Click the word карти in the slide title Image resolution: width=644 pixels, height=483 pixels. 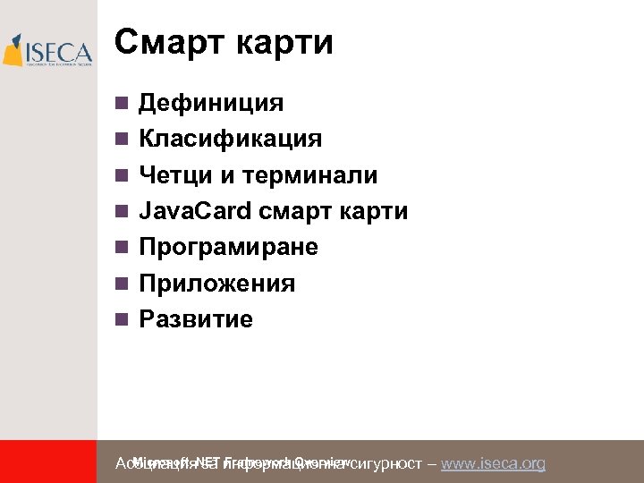[284, 42]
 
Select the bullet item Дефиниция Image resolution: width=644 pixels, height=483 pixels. [210, 103]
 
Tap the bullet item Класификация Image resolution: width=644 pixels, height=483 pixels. [230, 139]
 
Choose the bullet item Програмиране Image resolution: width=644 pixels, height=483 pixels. [228, 247]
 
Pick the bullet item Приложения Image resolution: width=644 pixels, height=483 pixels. [216, 284]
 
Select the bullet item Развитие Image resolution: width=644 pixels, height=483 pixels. [195, 319]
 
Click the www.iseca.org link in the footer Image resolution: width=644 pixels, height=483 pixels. [493, 463]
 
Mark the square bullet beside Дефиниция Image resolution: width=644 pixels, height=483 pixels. [122, 104]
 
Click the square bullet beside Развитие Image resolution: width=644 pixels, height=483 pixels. [122, 319]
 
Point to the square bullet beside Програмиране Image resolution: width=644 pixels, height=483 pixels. [122, 248]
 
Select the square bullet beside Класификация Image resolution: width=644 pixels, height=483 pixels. [122, 140]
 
